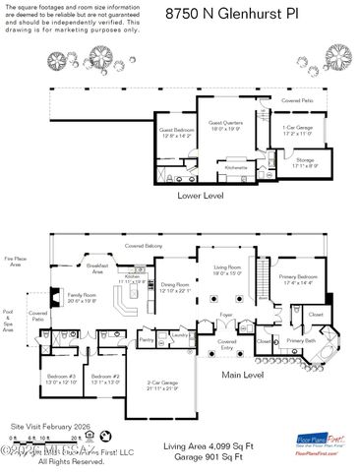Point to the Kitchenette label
coord(236,168)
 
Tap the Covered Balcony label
coord(144,245)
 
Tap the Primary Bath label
coord(301,341)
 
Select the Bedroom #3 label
coord(60,379)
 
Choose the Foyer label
coord(224,316)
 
